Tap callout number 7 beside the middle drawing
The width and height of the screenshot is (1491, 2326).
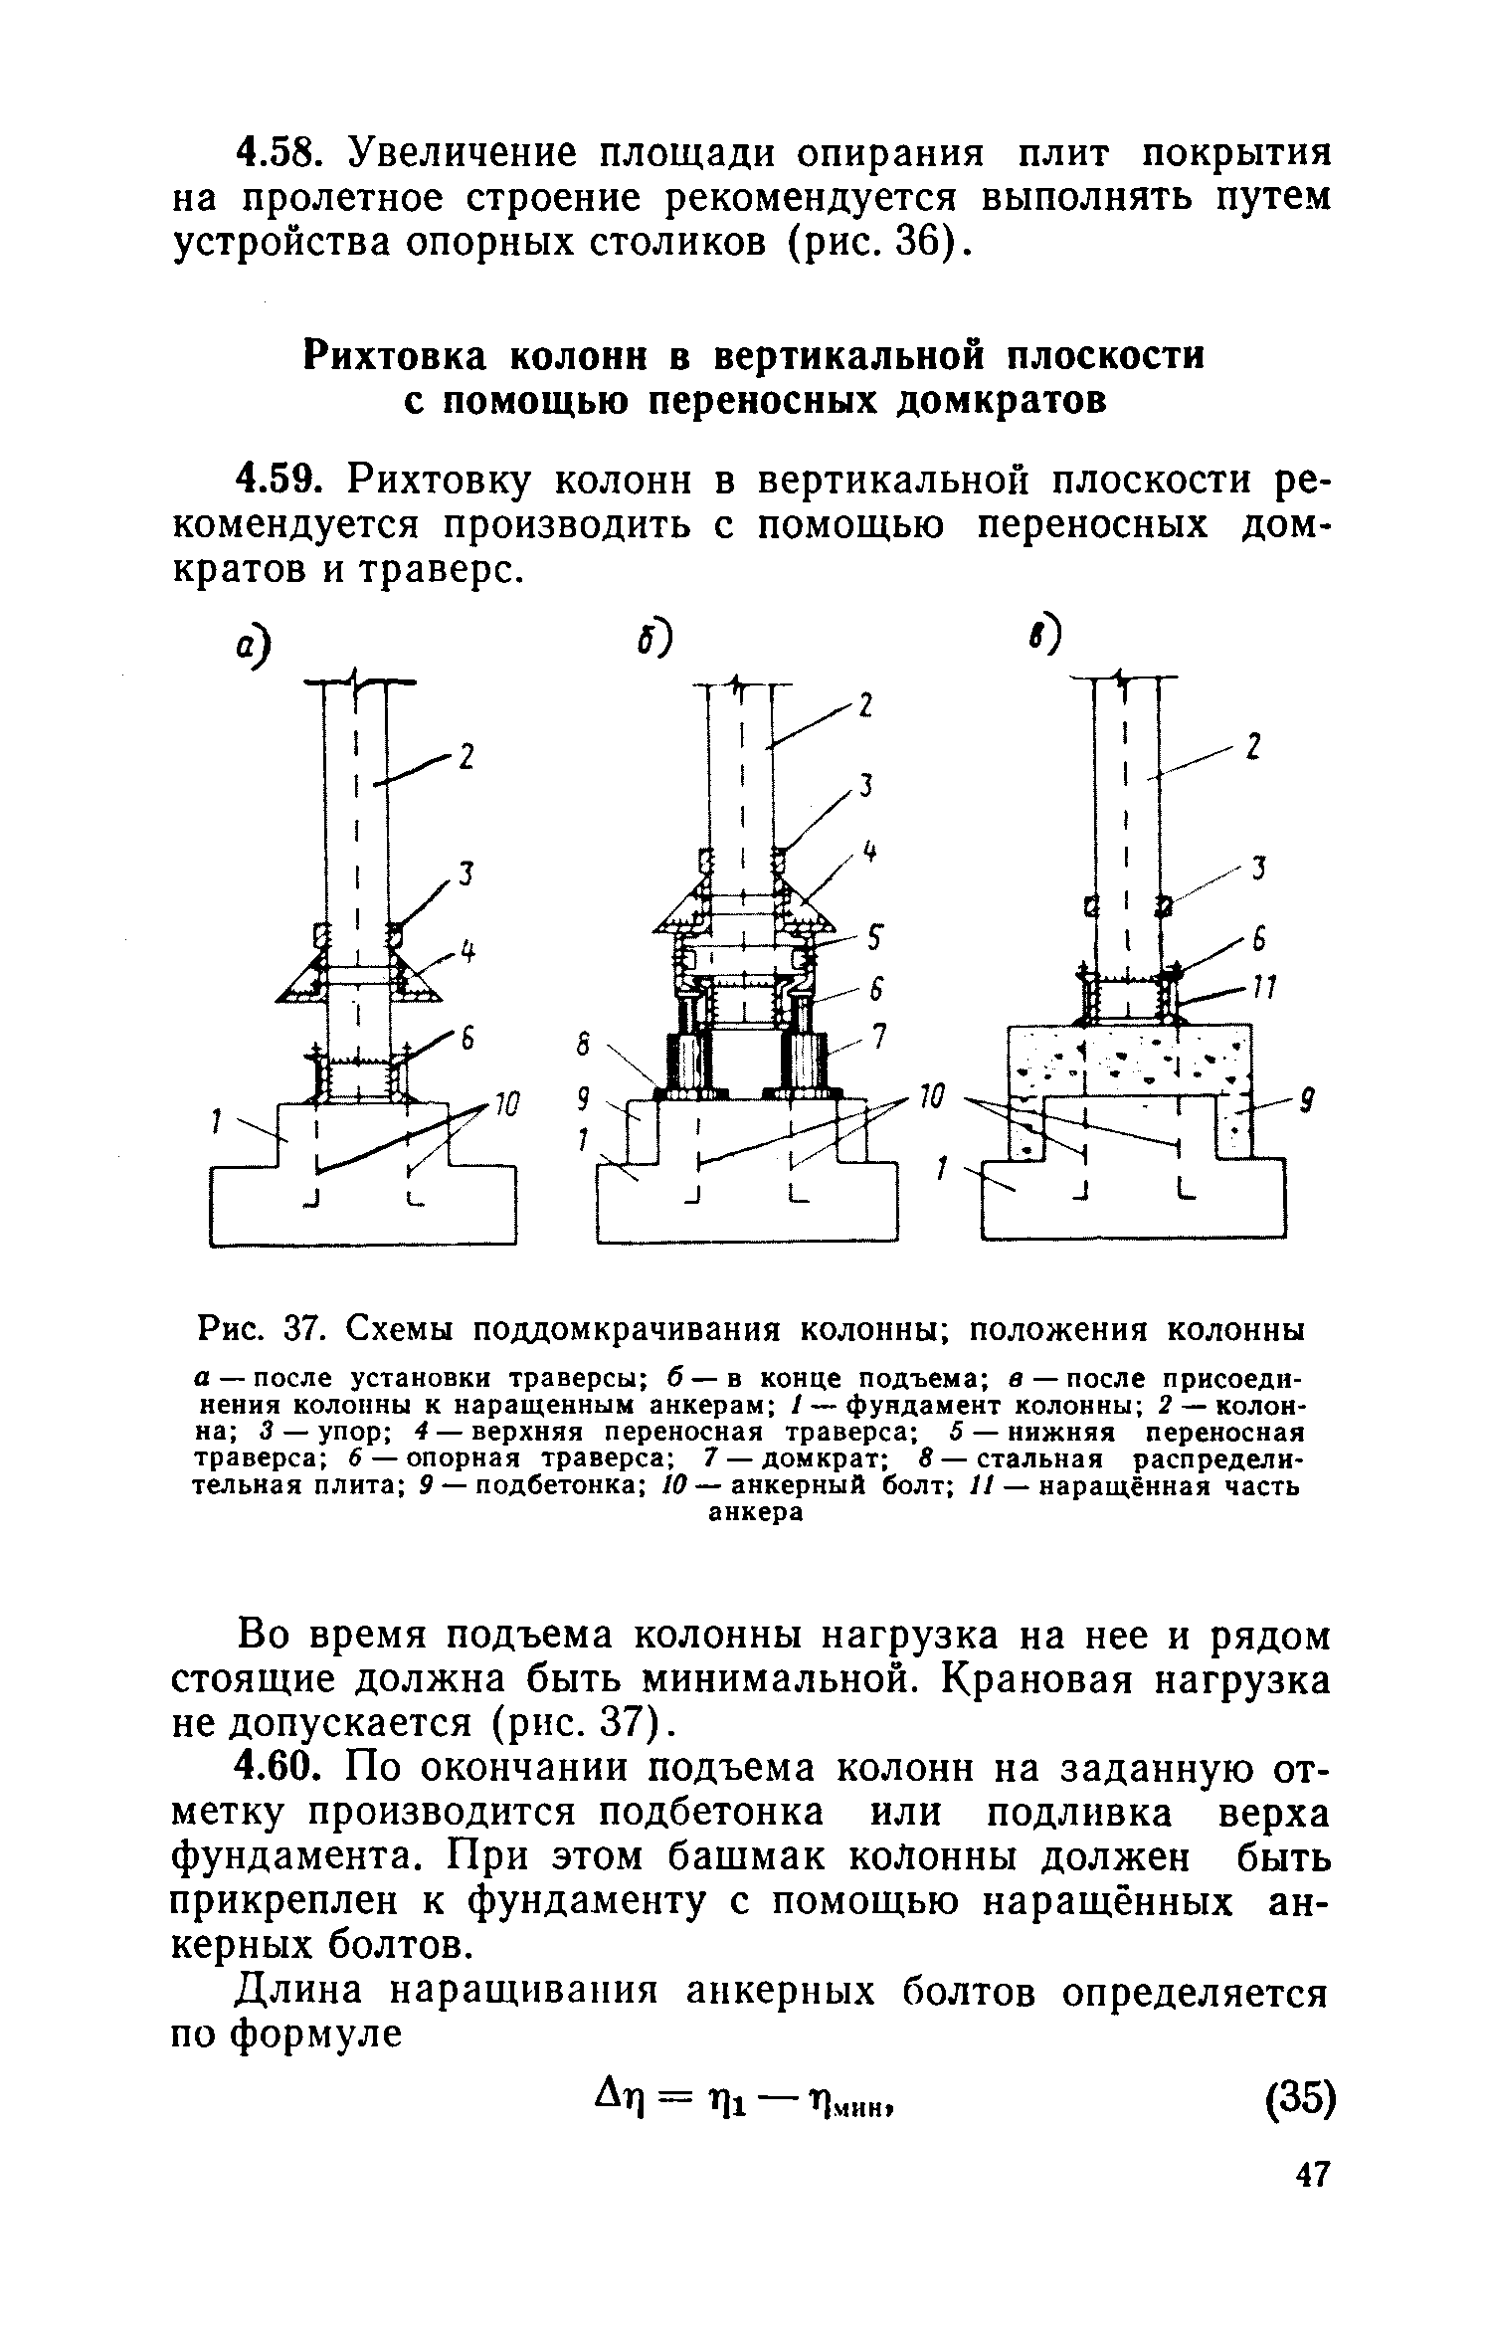point(877,1037)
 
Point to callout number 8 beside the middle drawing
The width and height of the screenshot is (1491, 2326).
point(585,1046)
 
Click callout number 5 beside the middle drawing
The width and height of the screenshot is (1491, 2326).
point(875,937)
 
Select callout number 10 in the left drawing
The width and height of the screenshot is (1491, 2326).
point(504,1104)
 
